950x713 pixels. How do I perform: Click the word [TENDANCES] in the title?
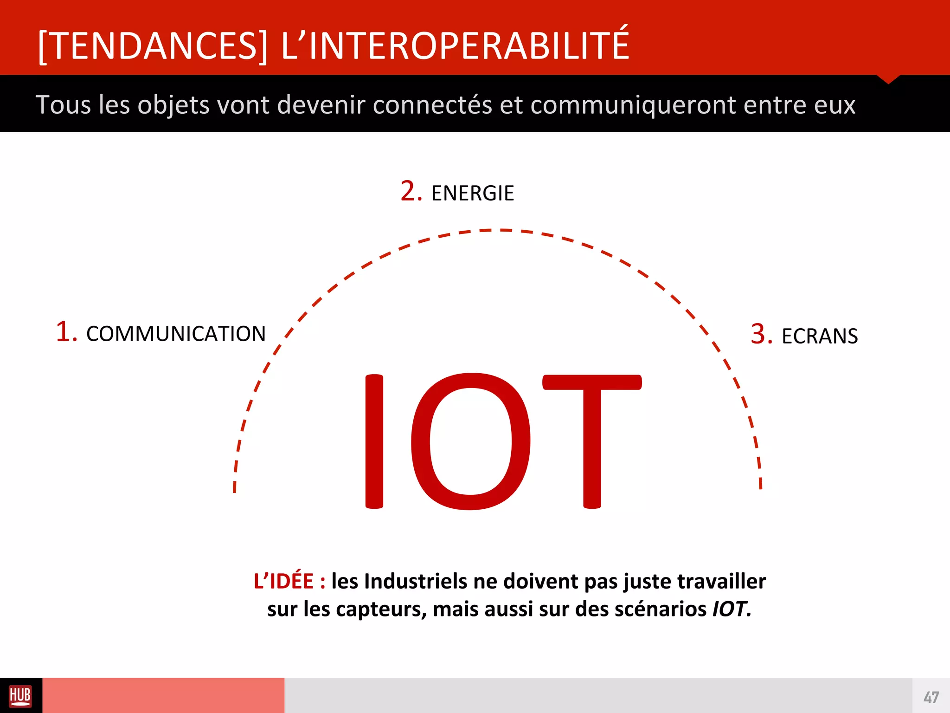tap(153, 45)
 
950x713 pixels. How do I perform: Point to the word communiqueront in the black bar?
tap(633, 105)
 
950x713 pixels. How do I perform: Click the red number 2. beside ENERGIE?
tap(411, 191)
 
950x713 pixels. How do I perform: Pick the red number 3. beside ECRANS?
tap(761, 334)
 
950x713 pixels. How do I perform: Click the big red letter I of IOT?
tap(374, 441)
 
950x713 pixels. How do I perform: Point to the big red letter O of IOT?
tap(470, 441)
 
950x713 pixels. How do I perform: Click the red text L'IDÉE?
tap(284, 581)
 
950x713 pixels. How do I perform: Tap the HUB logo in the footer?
tap(20, 696)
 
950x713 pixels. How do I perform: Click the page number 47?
tap(931, 697)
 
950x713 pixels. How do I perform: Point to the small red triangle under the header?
tap(888, 79)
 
